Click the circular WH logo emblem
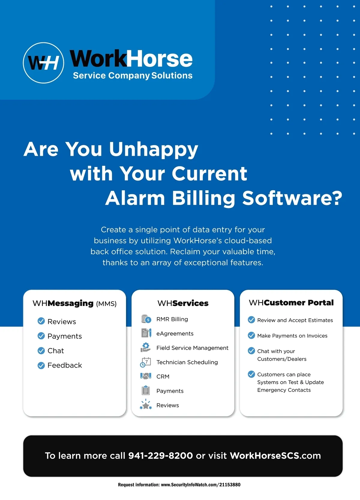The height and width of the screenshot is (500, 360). (x=43, y=63)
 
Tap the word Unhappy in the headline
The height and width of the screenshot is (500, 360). (x=153, y=149)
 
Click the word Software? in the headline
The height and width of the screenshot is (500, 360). (x=292, y=198)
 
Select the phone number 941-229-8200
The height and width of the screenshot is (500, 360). (x=160, y=456)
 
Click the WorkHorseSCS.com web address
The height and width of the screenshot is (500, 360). (x=275, y=456)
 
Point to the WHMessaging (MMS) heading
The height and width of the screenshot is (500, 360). (x=74, y=303)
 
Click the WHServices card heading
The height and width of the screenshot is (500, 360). (x=183, y=303)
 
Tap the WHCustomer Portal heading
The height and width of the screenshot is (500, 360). (x=291, y=303)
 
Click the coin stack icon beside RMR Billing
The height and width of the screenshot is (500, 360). (x=146, y=319)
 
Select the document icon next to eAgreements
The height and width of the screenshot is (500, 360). (x=146, y=333)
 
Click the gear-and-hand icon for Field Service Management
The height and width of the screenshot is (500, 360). (x=145, y=347)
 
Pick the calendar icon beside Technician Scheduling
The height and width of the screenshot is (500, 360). (x=145, y=362)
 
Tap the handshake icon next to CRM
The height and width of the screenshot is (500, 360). (x=146, y=376)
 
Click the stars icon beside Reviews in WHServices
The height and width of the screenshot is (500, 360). (x=146, y=405)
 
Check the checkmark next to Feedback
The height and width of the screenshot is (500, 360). (x=41, y=365)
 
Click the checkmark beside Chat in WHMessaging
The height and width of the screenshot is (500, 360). (x=41, y=351)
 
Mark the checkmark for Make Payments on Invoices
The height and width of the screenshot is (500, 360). (x=251, y=335)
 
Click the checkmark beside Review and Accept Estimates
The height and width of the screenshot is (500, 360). (x=251, y=320)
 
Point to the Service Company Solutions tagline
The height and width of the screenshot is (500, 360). (x=133, y=75)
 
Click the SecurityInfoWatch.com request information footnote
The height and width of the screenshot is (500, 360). (x=179, y=485)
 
